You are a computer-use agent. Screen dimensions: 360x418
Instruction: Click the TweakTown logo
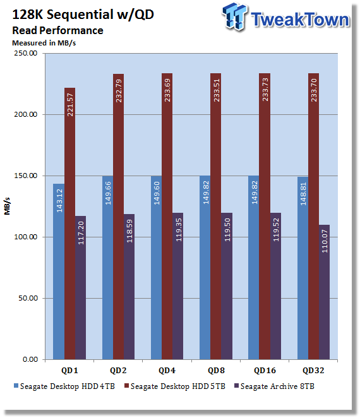click(x=285, y=17)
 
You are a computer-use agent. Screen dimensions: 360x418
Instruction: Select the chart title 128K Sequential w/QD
click(x=83, y=15)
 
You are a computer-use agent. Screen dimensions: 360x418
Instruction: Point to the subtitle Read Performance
click(x=57, y=30)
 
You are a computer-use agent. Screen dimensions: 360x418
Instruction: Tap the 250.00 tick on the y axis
click(x=26, y=53)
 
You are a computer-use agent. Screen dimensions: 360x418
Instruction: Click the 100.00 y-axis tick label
click(x=26, y=237)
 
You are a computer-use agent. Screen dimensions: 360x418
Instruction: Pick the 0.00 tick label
click(x=30, y=359)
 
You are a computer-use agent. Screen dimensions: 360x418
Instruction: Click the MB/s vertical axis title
click(x=7, y=206)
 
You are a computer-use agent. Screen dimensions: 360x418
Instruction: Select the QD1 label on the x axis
click(x=69, y=370)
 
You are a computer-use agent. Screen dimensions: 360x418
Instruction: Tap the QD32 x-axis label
click(x=313, y=370)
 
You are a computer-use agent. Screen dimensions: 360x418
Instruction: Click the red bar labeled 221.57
click(x=69, y=224)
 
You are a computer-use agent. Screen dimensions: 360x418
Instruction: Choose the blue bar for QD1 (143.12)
click(x=59, y=272)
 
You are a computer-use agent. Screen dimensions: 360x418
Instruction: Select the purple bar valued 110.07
click(x=324, y=292)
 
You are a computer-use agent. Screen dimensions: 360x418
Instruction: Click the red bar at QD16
click(x=265, y=216)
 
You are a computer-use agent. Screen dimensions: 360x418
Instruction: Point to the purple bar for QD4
click(x=178, y=286)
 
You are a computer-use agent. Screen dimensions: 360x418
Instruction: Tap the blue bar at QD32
click(x=303, y=268)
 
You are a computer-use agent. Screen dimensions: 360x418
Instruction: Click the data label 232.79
click(x=119, y=91)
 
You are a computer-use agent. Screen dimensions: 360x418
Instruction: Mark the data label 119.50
click(x=227, y=230)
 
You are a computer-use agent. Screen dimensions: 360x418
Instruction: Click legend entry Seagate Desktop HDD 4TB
click(x=64, y=386)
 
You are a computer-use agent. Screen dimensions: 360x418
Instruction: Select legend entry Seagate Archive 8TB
click(x=274, y=386)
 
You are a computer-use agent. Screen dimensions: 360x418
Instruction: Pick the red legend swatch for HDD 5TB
click(x=127, y=386)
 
